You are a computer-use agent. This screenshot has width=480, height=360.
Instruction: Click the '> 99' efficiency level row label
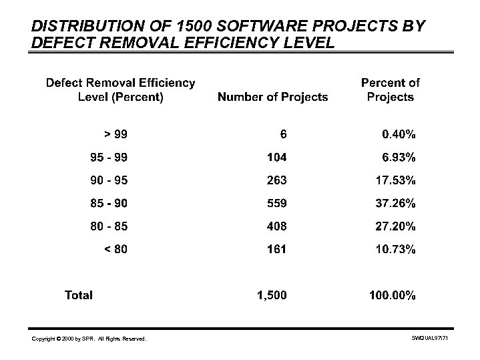[x=115, y=134]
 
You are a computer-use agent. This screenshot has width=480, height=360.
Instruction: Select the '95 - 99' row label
[x=108, y=158]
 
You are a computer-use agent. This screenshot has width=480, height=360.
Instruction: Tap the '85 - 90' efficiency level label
[x=108, y=203]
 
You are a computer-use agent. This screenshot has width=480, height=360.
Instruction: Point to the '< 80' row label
[x=115, y=249]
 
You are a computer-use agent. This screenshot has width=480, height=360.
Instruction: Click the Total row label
[x=78, y=295]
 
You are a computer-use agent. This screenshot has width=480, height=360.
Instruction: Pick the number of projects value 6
[x=283, y=134]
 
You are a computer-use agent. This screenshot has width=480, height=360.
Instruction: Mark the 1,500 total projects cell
[x=272, y=295]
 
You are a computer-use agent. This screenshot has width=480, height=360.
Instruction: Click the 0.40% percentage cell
[x=399, y=134]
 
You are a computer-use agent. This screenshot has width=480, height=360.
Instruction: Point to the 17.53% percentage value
[x=395, y=180]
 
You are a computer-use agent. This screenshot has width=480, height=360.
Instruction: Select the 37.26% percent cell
[x=395, y=203]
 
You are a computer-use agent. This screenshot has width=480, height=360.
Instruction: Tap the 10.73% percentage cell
[x=395, y=249]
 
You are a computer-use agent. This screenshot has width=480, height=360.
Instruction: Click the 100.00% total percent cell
[x=393, y=295]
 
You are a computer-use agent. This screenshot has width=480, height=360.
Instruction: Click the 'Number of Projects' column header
[x=272, y=98]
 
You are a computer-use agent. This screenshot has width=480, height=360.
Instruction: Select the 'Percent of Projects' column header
[x=390, y=90]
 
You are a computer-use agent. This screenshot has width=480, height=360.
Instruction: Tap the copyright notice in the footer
[x=89, y=340]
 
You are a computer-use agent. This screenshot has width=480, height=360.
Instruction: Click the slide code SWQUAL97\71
[x=433, y=339]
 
